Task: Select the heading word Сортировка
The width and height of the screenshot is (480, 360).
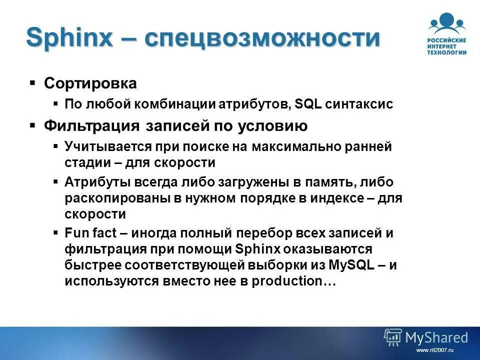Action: (90, 83)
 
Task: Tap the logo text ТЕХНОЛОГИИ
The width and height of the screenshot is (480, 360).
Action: (446, 52)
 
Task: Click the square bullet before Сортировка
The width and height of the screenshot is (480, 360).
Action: (32, 82)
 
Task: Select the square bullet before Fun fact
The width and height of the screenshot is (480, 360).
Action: (55, 232)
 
